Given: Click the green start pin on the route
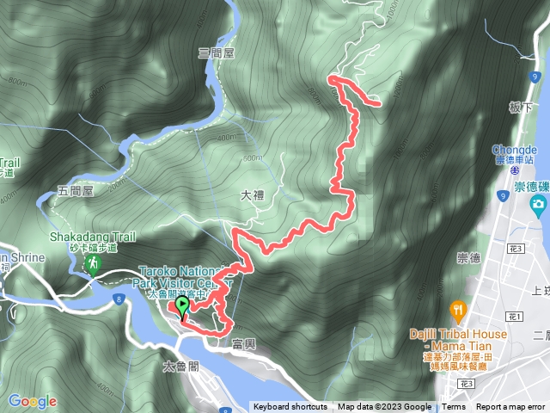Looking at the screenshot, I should [182, 307].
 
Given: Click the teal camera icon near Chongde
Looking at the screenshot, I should [538, 204].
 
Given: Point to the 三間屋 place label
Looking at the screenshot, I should [217, 52].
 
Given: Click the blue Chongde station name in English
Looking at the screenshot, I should [516, 147].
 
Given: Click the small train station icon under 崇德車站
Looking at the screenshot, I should [501, 171].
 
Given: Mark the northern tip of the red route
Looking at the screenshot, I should [330, 79].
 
